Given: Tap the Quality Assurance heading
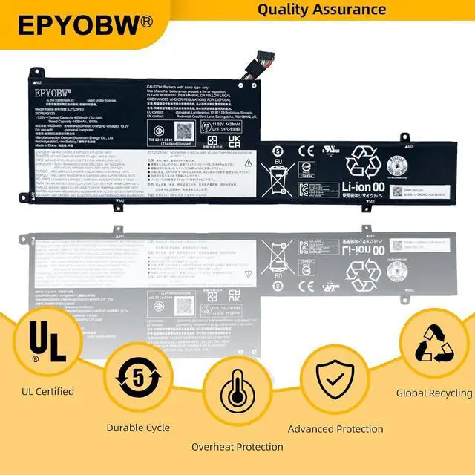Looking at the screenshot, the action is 322,10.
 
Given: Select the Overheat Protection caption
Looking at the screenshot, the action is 237,447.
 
